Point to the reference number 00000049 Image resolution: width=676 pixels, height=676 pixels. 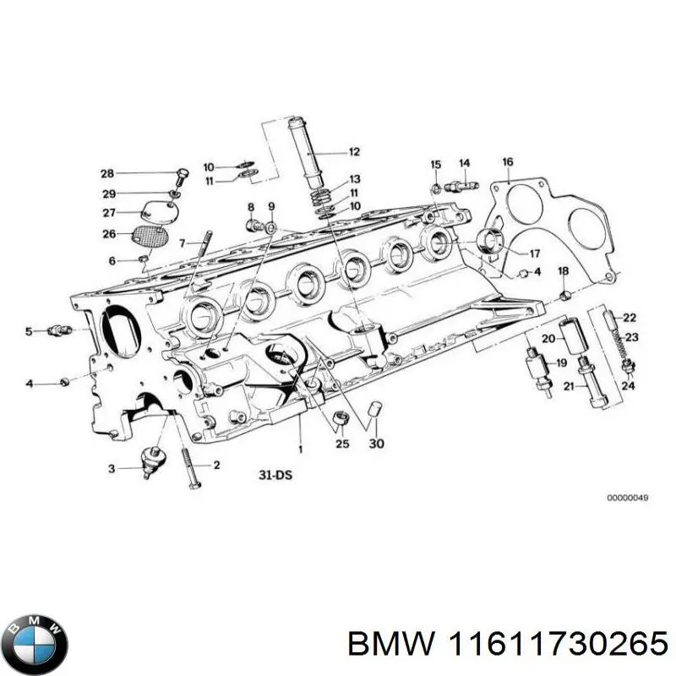pos(627,498)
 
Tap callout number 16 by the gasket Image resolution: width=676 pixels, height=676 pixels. pos(507,162)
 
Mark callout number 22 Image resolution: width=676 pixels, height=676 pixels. pos(629,318)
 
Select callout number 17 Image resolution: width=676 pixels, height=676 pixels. pos(535,253)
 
